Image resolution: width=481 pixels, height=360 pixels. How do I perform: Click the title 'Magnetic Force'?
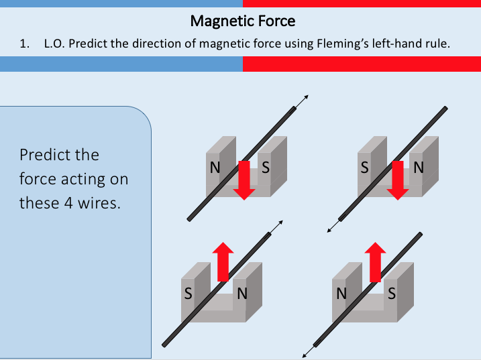tap(242, 21)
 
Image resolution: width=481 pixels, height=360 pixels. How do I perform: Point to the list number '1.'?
tap(25, 44)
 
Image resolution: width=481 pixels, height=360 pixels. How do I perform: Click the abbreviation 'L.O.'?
tap(54, 44)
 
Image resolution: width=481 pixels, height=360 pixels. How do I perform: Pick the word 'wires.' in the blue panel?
tap(99, 202)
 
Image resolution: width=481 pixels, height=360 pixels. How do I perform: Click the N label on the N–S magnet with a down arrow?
tap(214, 168)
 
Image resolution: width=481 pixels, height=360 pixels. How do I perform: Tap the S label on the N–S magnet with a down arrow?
tap(266, 168)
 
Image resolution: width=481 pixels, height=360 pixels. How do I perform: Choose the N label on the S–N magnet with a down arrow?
tap(419, 168)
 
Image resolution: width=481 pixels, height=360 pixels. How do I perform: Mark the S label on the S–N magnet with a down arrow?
tap(365, 168)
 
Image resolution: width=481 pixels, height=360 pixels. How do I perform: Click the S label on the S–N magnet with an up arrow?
tap(188, 293)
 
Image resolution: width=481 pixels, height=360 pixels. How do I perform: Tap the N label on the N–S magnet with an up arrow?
tap(341, 293)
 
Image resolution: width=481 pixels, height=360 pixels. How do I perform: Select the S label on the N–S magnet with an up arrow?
tap(392, 293)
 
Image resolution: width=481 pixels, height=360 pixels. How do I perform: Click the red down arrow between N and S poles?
tap(244, 180)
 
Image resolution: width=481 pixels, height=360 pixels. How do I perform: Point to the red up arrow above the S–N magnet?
tap(222, 261)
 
